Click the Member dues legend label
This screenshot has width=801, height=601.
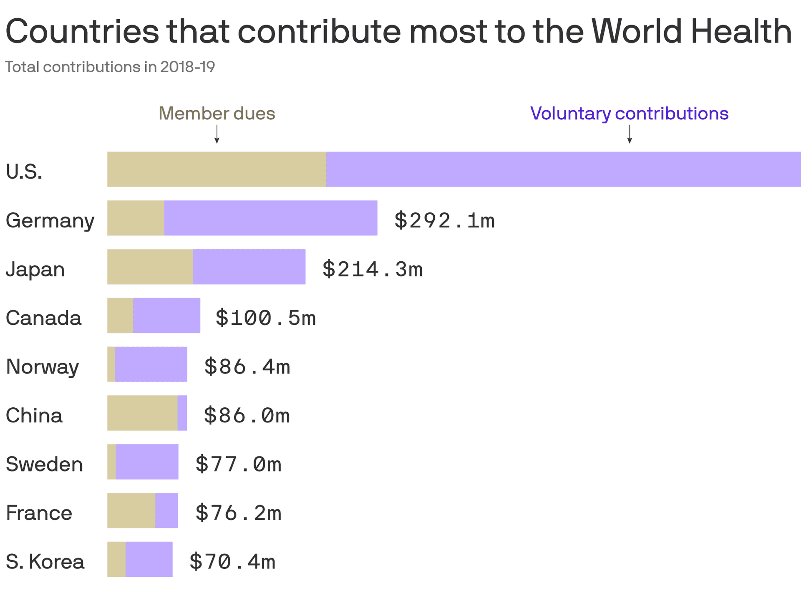coord(217,114)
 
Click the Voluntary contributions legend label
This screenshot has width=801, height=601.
coord(629,114)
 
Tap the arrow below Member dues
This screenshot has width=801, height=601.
coord(217,134)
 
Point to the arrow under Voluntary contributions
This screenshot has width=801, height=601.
coord(630,134)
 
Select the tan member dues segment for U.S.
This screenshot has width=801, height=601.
coord(217,169)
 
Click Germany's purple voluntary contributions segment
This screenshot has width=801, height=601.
coord(271,218)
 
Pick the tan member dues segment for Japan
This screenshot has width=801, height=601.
coord(150,267)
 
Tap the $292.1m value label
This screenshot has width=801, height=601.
coord(444,220)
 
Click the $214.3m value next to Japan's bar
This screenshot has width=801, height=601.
coord(372,269)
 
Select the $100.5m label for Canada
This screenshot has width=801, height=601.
coord(265,318)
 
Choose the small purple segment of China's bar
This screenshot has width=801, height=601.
coord(182,413)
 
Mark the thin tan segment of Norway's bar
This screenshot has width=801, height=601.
coord(111,364)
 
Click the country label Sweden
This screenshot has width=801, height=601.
coord(44,464)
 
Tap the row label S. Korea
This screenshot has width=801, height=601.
coord(45,561)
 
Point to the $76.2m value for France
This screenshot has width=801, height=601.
coord(238,513)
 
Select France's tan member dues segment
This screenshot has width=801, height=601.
coord(131,510)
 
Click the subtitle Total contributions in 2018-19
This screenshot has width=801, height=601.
coord(110,67)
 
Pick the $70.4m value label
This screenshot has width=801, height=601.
coord(232,561)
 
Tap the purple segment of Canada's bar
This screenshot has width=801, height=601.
coord(166,316)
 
